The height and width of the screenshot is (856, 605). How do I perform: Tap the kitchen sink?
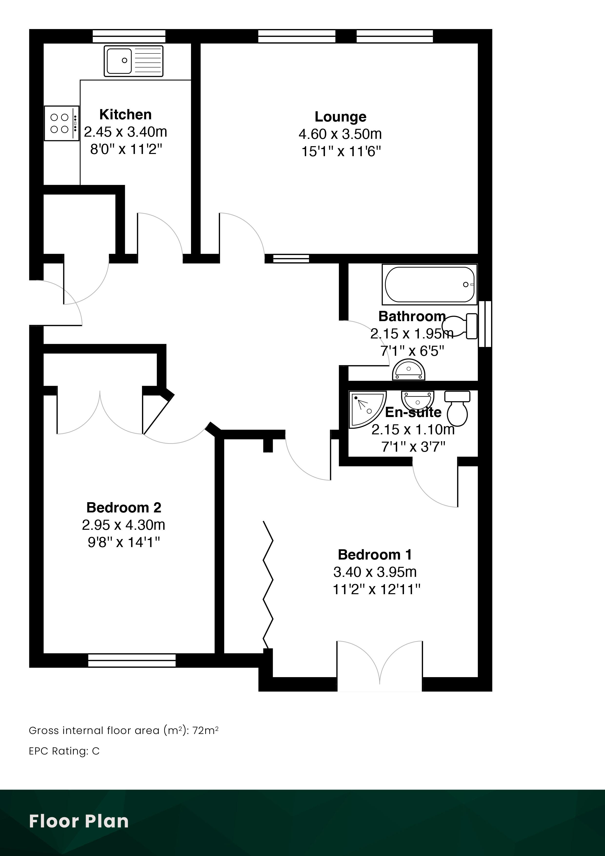[x=133, y=61]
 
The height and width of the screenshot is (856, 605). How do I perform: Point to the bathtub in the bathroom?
[x=429, y=285]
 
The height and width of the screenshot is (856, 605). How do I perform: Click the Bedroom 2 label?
[x=124, y=507]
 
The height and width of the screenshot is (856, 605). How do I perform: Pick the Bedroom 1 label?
[x=375, y=555]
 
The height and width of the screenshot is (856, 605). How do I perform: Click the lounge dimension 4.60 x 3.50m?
[x=340, y=134]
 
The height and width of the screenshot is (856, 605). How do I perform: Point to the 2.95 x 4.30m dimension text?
[x=123, y=525]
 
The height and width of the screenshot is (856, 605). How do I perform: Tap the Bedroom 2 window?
[x=131, y=661]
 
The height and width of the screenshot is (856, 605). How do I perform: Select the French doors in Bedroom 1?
[x=380, y=666]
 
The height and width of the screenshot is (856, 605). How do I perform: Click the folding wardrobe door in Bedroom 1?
[x=268, y=585]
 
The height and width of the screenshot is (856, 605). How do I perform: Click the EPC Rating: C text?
[x=64, y=751]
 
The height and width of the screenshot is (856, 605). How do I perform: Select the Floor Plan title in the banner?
[x=79, y=821]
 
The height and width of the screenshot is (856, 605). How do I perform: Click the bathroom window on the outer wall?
[x=485, y=324]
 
